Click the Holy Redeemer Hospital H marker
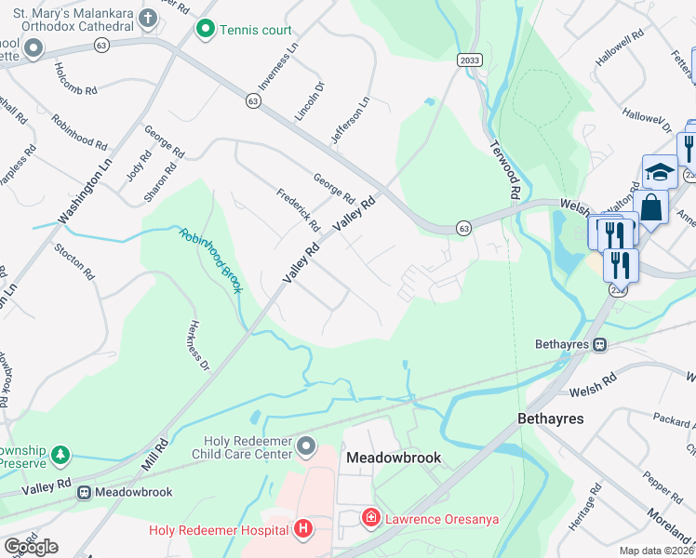pos(302,530)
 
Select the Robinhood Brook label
pos(211,261)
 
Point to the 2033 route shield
pos(470,60)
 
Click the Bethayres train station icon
pos(600,344)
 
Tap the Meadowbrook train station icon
pos(84,492)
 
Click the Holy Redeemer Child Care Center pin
pos(307,448)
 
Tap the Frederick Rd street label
pos(298,210)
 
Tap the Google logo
pos(31,547)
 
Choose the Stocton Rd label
pos(75,262)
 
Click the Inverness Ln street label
pos(278,66)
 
